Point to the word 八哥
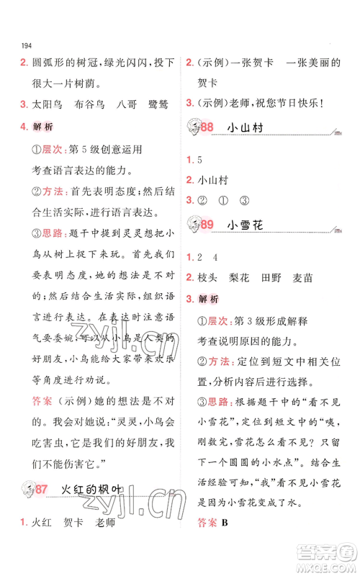pos(127,104)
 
